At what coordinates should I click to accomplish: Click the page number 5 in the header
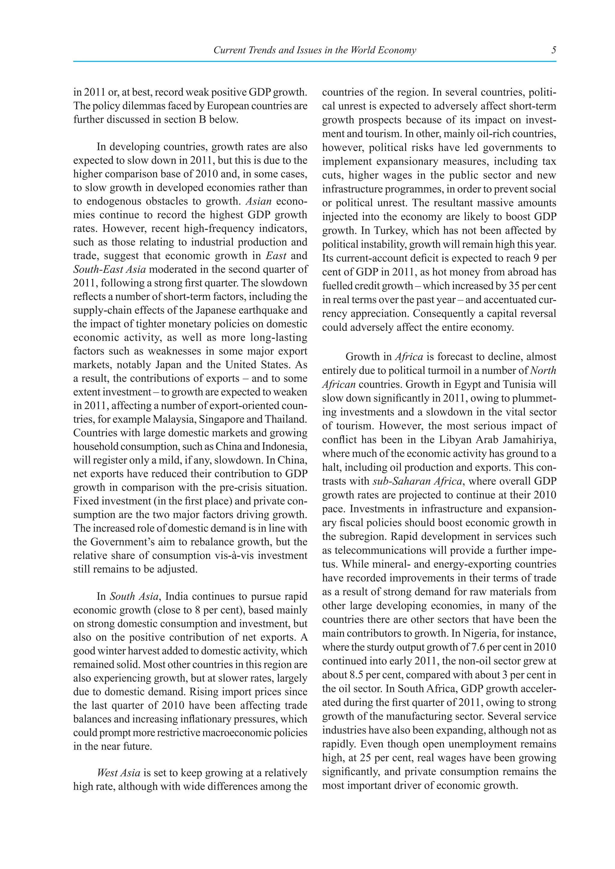(554, 50)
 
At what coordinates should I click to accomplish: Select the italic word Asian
(259, 201)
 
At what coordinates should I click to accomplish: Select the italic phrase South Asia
(134, 597)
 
